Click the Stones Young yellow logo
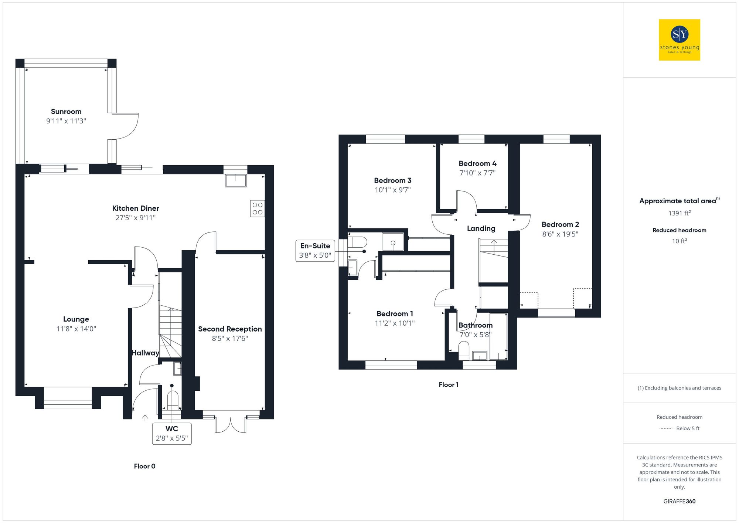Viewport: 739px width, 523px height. click(679, 40)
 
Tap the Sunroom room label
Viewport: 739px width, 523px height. click(66, 112)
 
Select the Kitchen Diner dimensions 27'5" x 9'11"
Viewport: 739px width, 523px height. click(135, 218)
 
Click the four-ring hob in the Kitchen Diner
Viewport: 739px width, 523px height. click(258, 208)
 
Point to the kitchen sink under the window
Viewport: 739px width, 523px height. click(236, 181)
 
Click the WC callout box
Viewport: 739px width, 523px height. click(172, 434)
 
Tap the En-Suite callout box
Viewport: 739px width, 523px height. click(315, 251)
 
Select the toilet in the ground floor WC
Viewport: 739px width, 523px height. click(173, 400)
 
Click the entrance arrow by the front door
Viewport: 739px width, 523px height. click(145, 418)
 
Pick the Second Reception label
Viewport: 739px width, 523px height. click(230, 329)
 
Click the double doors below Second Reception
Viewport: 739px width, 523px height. click(231, 425)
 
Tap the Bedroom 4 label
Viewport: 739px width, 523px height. click(477, 163)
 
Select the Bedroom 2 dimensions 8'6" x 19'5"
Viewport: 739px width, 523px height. click(560, 234)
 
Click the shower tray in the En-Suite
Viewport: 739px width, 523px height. click(393, 242)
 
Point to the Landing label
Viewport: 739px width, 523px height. click(481, 228)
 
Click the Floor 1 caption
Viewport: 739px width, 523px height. click(448, 385)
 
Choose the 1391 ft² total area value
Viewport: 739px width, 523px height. click(679, 213)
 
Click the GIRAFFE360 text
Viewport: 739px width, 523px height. click(679, 502)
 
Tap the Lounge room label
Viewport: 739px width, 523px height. click(76, 319)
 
